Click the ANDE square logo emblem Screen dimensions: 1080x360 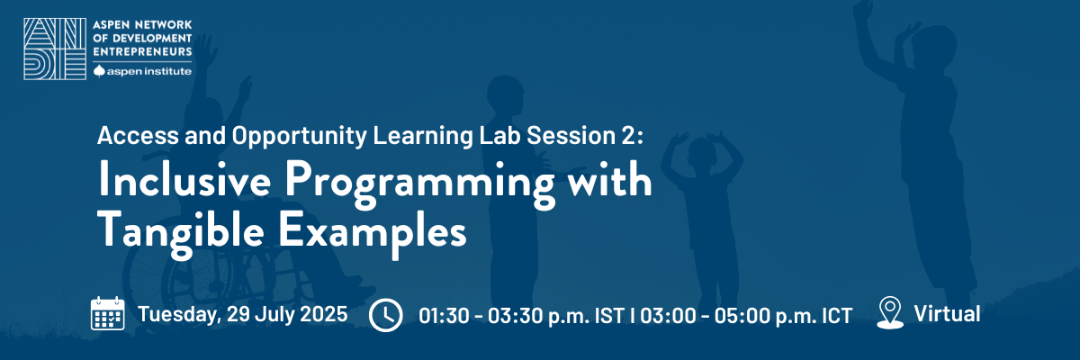pyautogui.click(x=55, y=49)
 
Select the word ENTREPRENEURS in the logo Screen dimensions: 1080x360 pyautogui.click(x=143, y=51)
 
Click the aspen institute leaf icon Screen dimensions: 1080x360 pyautogui.click(x=99, y=71)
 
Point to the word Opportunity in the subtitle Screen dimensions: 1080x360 pyautogui.click(x=300, y=136)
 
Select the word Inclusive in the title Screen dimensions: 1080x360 pyautogui.click(x=184, y=180)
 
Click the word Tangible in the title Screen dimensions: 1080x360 pyautogui.click(x=181, y=232)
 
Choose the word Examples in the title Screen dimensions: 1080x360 pyautogui.click(x=373, y=233)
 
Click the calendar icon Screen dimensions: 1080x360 pyautogui.click(x=107, y=313)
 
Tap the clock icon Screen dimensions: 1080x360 pyautogui.click(x=386, y=315)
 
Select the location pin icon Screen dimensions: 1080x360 pyautogui.click(x=890, y=313)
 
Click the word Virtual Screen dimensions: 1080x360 pyautogui.click(x=947, y=314)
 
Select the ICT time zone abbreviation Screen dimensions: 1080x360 pyautogui.click(x=837, y=316)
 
